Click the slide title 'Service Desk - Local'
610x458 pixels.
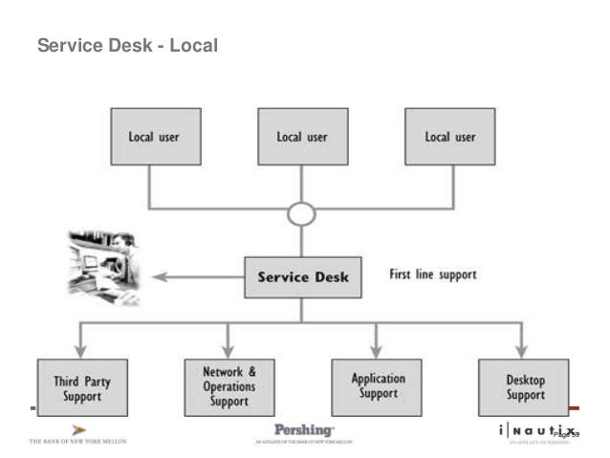(x=127, y=45)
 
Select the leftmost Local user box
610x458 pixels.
(x=154, y=137)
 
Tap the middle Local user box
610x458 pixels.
(x=301, y=137)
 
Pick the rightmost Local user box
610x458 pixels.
(x=449, y=137)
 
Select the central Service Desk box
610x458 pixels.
(x=302, y=277)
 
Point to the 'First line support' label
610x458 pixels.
(x=432, y=274)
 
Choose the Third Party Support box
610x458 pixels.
(x=82, y=387)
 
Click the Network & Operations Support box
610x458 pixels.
(x=229, y=387)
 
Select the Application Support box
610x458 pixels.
(x=376, y=387)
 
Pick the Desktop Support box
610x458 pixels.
(x=524, y=387)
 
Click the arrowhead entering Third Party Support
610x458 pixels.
(x=81, y=352)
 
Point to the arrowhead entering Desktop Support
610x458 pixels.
(x=521, y=352)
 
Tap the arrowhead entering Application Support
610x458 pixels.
(x=376, y=352)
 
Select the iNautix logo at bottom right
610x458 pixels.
(x=537, y=433)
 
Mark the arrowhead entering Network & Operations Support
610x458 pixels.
(x=229, y=352)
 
